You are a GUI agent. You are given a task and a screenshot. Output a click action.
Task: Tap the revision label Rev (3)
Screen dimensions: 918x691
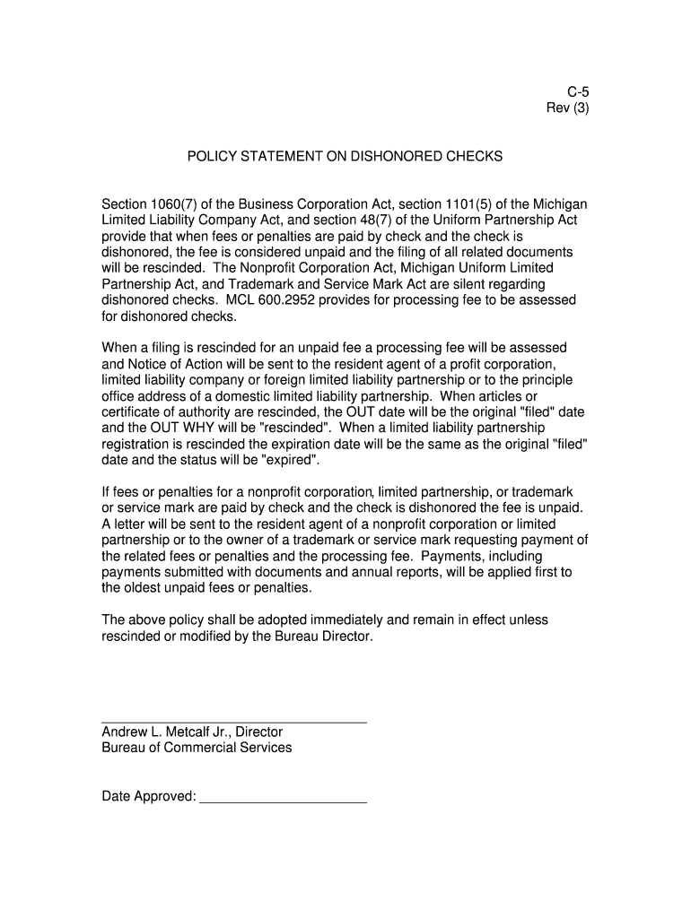[567, 108]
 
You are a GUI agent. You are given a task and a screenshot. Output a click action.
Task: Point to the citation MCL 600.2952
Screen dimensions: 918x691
[268, 300]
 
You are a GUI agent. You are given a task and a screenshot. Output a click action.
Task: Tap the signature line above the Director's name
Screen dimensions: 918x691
[233, 723]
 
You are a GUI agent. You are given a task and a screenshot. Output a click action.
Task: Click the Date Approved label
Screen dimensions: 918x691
[149, 796]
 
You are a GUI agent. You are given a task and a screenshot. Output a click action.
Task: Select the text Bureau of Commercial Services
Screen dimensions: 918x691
[197, 748]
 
